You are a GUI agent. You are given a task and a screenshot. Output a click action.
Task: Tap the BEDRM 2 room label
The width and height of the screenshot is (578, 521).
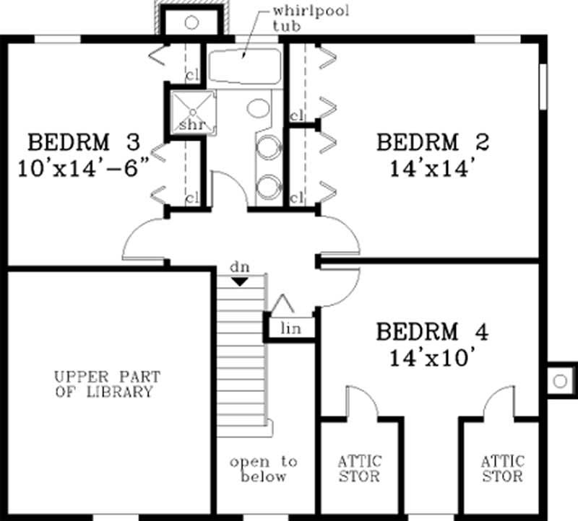pyautogui.click(x=432, y=141)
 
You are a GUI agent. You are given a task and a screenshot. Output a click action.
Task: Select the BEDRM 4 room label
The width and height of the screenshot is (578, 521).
pyautogui.click(x=432, y=333)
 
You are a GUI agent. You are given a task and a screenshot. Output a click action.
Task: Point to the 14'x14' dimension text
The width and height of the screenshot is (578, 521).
pyautogui.click(x=432, y=169)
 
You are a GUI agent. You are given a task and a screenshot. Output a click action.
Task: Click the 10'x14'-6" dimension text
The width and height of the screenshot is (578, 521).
pyautogui.click(x=85, y=169)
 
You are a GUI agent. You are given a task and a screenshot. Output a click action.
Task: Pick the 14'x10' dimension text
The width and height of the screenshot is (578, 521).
pyautogui.click(x=432, y=358)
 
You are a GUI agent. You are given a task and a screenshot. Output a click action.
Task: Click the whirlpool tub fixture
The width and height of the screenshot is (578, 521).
pyautogui.click(x=244, y=66)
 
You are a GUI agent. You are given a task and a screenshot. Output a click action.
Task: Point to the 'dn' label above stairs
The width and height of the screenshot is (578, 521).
pyautogui.click(x=240, y=268)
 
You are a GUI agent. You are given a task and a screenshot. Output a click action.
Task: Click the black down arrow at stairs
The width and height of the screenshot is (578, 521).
pyautogui.click(x=240, y=281)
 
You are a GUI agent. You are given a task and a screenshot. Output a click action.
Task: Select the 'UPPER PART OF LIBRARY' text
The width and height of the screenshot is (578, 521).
pyautogui.click(x=107, y=385)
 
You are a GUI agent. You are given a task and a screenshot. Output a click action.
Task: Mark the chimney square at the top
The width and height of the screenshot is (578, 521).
pyautogui.click(x=191, y=22)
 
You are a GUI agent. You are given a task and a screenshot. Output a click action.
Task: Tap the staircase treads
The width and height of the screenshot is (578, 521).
pyautogui.click(x=244, y=361)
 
